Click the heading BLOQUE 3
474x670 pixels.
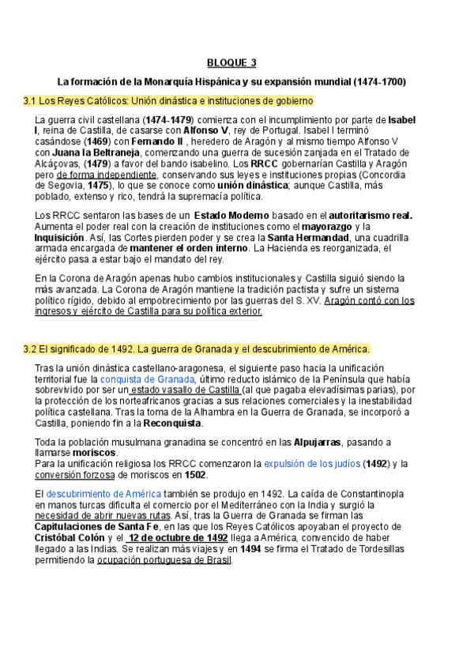point(231,63)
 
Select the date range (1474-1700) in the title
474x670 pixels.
point(379,82)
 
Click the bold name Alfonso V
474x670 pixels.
point(209,130)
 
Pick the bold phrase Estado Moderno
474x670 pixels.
point(231,215)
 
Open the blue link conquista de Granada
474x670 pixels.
point(147,379)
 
